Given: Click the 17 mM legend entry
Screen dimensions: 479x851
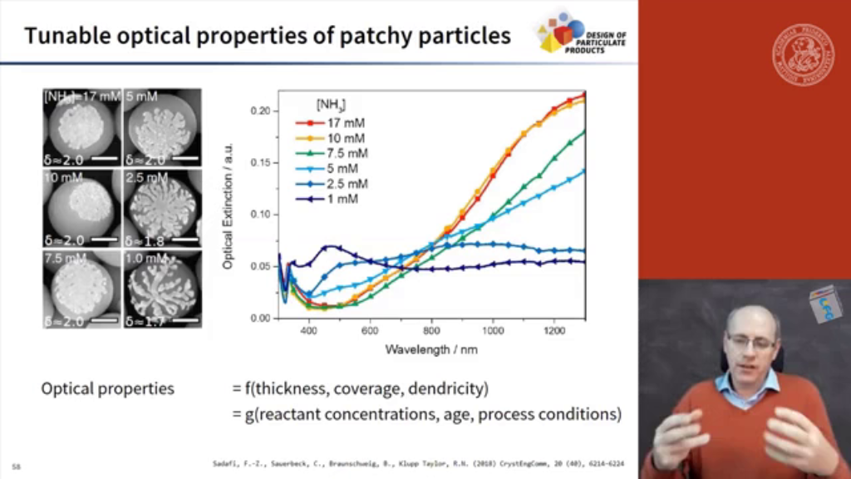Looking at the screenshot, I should click(329, 122).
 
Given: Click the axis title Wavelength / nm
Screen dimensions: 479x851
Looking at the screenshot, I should click(431, 349).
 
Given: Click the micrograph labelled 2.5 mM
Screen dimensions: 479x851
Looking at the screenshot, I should click(162, 208).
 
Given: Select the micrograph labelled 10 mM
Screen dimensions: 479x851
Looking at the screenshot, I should click(81, 208).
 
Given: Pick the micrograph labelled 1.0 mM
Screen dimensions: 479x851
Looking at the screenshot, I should click(162, 289).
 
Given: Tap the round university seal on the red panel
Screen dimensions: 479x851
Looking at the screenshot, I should click(803, 55).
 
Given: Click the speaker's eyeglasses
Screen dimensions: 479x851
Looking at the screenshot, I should click(750, 341).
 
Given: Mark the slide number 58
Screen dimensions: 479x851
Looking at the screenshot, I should click(17, 466).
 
